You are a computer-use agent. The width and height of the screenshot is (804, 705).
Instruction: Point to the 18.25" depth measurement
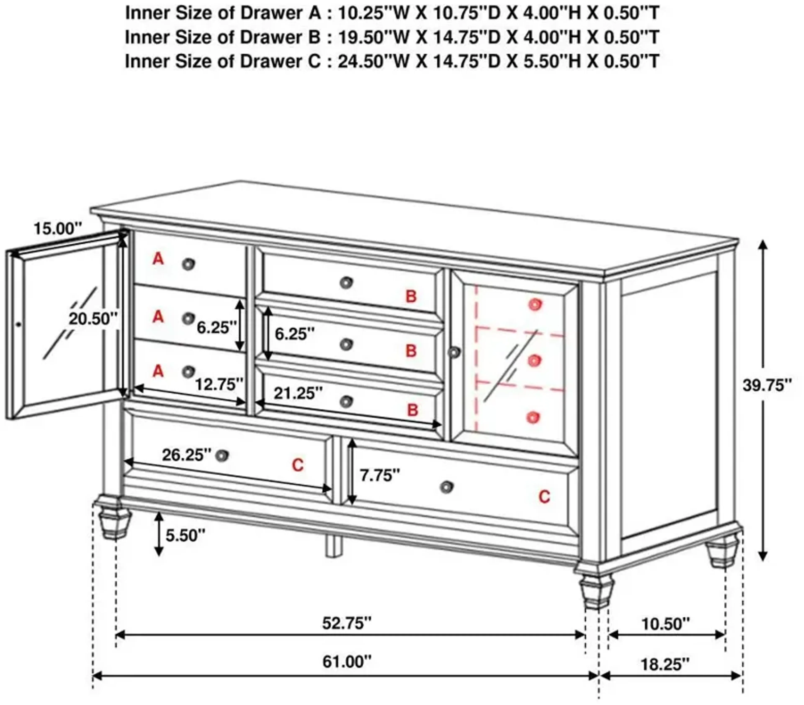point(665,665)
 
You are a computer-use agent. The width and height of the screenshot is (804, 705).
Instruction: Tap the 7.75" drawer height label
point(380,475)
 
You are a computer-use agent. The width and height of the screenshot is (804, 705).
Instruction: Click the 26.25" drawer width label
point(186,455)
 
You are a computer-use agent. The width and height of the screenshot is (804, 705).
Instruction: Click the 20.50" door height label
point(93,319)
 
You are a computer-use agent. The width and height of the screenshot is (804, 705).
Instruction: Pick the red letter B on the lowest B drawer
point(412,410)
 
